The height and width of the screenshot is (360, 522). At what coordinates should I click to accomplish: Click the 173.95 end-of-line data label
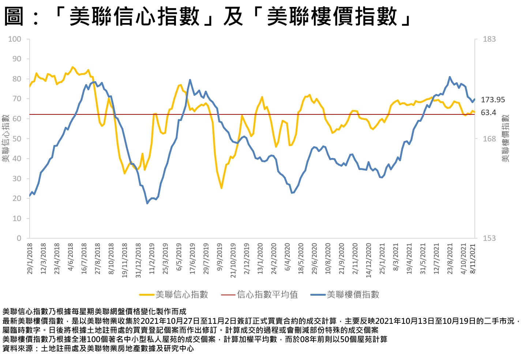pos(492,100)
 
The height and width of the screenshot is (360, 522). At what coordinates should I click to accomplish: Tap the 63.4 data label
pos(488,113)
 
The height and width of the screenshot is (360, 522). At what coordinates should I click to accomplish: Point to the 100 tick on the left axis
pos(15,39)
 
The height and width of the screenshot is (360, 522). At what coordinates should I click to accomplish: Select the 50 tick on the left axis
pos(17,139)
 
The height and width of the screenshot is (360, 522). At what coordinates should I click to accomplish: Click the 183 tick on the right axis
pos(489,39)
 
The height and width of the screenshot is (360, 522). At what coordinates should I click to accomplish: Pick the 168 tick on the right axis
pos(489,139)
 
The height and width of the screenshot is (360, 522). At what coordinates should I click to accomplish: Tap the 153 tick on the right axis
pos(489,238)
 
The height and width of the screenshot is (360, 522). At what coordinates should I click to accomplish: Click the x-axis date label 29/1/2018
pos(30,259)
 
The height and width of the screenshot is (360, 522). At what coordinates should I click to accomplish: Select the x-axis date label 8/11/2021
pos(473,259)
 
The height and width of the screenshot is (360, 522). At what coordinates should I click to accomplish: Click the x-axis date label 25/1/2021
pos(382,259)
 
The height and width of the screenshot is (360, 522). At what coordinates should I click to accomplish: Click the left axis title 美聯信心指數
pos(5,139)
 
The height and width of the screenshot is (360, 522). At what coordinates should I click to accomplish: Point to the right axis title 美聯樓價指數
pos(505,139)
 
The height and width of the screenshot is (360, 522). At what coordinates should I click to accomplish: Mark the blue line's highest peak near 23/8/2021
pos(450,77)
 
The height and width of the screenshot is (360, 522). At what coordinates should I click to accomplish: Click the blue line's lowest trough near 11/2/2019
pos(147,203)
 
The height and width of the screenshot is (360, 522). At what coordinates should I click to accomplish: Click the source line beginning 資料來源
pos(98,349)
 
